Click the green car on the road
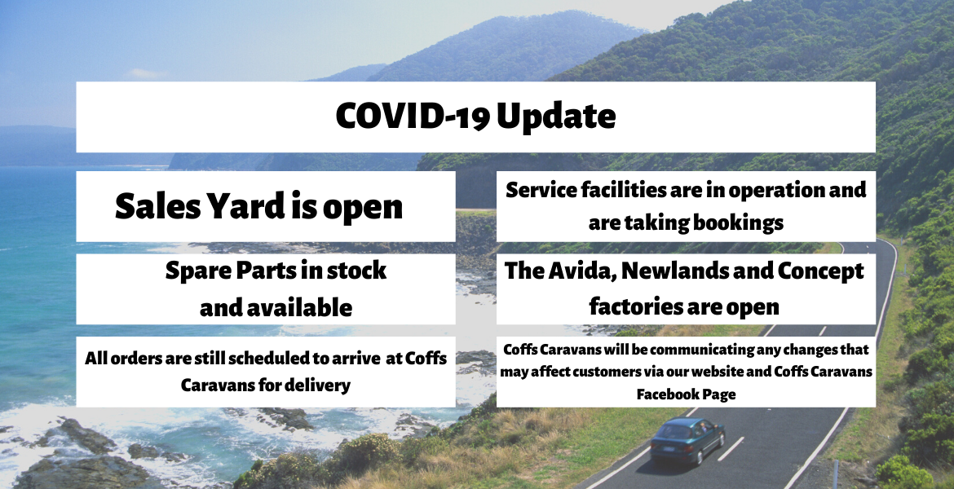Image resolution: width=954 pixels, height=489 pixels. (687, 440)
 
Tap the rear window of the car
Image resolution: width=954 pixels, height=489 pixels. (672, 433)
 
